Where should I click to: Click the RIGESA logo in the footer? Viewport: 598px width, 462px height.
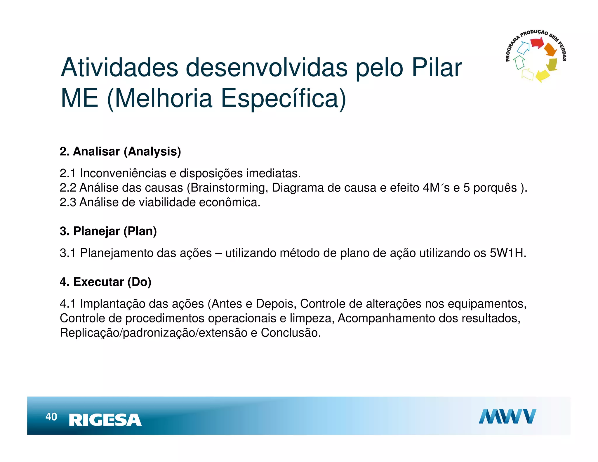[105, 420]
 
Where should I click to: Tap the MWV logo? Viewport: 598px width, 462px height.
[507, 416]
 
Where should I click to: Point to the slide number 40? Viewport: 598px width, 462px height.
[51, 417]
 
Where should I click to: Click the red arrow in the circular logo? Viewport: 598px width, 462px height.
[537, 43]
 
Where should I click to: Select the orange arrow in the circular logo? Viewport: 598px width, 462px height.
[550, 50]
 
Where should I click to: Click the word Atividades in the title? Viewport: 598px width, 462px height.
[119, 68]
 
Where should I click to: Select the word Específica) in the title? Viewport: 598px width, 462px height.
[283, 98]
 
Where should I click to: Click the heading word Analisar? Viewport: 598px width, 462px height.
[96, 152]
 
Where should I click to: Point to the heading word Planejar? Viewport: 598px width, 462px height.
[96, 231]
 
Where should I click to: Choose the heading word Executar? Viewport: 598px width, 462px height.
[98, 282]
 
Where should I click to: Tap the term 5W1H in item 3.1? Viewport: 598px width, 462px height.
[507, 253]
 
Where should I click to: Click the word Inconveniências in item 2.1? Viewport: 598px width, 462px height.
[123, 173]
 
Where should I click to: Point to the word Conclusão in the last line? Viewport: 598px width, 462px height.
[291, 333]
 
